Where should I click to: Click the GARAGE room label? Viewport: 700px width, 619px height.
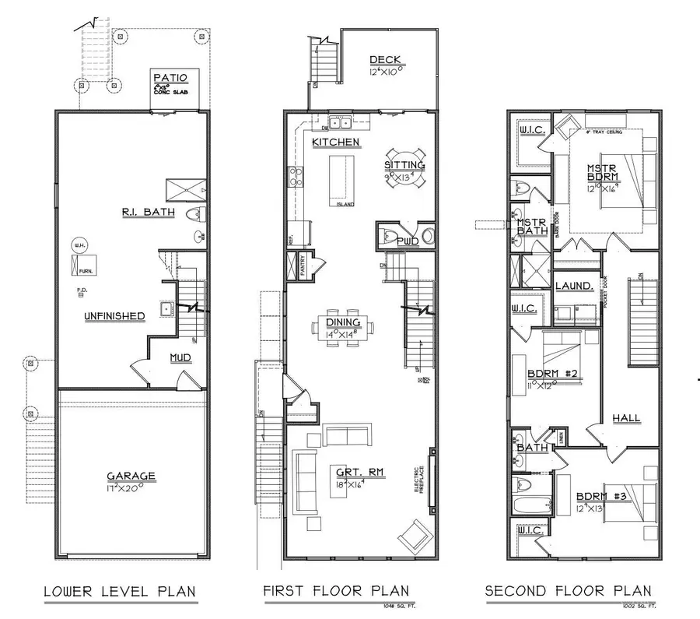coord(131,476)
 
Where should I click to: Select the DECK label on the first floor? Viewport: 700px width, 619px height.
coord(385,60)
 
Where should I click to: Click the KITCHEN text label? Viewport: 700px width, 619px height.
coord(336,142)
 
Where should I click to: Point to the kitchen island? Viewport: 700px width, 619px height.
coord(341,178)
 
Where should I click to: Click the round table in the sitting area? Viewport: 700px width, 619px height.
coord(404,168)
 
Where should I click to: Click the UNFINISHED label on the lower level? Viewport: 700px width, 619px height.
coord(115,315)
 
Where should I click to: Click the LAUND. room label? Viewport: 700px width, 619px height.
coord(574,287)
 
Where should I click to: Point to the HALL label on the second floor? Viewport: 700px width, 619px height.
coord(626,418)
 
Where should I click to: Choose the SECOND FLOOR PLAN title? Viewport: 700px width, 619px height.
coord(569,592)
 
